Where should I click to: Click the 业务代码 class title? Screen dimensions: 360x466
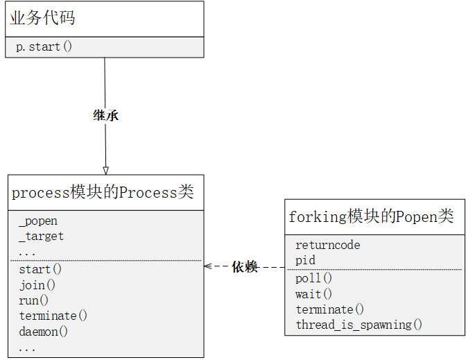click(x=43, y=19)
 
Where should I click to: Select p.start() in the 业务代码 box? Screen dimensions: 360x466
click(x=44, y=47)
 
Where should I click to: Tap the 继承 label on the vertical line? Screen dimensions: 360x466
click(x=105, y=115)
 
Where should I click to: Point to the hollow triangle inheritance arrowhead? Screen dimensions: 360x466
click(x=105, y=170)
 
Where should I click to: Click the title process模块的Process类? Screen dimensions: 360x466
click(x=103, y=192)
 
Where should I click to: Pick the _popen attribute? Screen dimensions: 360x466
click(x=38, y=221)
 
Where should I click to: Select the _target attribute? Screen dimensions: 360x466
click(x=41, y=237)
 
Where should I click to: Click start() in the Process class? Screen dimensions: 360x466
click(x=40, y=269)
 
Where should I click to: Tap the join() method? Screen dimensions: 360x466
click(x=37, y=284)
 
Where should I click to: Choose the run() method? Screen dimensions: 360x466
click(x=34, y=300)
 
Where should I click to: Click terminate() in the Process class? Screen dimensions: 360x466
click(x=53, y=316)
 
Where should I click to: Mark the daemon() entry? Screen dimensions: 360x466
click(x=44, y=331)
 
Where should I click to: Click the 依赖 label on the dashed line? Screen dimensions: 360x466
click(x=245, y=266)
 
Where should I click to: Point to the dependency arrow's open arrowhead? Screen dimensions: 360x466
click(x=207, y=266)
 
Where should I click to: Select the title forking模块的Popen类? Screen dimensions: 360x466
click(x=371, y=216)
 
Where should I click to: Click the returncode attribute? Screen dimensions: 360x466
click(x=327, y=245)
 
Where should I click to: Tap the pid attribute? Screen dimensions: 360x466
click(x=305, y=260)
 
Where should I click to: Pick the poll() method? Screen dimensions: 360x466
click(x=313, y=278)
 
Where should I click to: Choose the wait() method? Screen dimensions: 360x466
click(x=313, y=294)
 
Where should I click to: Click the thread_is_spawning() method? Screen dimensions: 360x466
click(x=359, y=325)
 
